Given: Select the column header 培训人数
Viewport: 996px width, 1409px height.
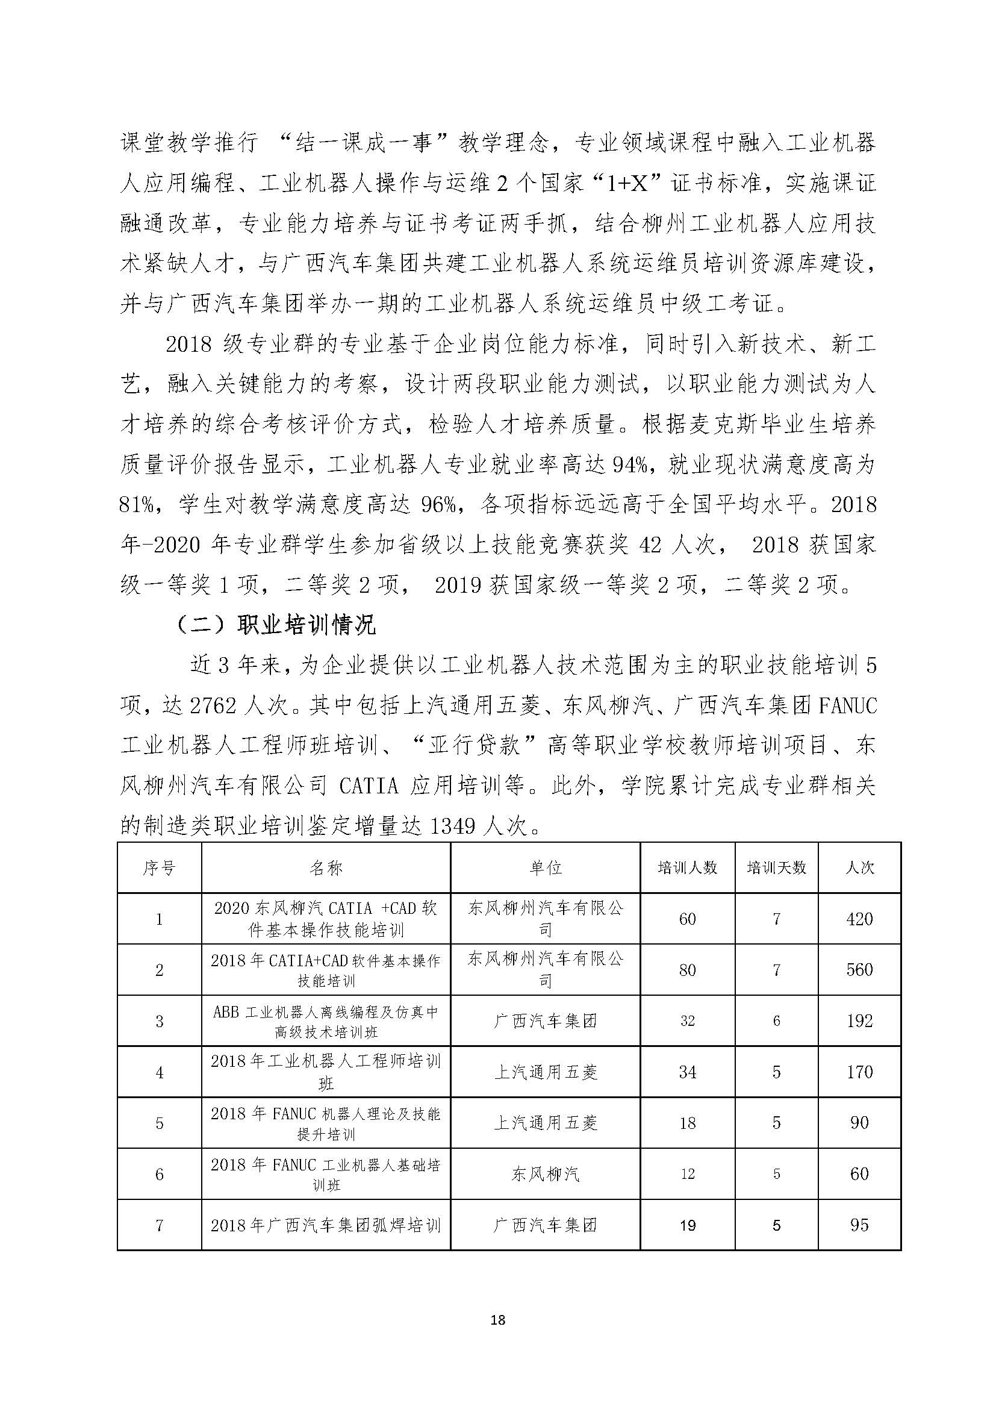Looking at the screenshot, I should click(x=687, y=867).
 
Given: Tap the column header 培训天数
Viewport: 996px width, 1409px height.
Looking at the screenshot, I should click(x=776, y=867).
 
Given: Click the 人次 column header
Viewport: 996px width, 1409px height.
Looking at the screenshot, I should click(x=859, y=867).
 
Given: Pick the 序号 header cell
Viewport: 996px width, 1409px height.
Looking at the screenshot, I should click(x=159, y=867).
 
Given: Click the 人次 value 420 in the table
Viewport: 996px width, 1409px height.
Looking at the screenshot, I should click(x=859, y=919).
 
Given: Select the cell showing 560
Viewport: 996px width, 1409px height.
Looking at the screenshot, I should click(x=859, y=970).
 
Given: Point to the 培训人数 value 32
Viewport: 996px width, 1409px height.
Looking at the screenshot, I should click(x=687, y=1020).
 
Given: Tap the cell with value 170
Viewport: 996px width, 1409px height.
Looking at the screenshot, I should click(x=859, y=1072).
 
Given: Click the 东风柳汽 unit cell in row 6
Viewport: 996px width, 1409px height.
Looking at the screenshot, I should click(x=544, y=1174).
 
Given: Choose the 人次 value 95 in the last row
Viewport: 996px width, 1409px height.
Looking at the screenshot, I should click(x=859, y=1225).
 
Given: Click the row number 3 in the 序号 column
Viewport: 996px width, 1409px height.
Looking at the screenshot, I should click(x=159, y=1020).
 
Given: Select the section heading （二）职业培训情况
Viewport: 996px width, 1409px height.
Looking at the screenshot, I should click(x=275, y=625).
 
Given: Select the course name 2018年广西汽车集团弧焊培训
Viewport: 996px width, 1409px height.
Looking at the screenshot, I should click(x=326, y=1225).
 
